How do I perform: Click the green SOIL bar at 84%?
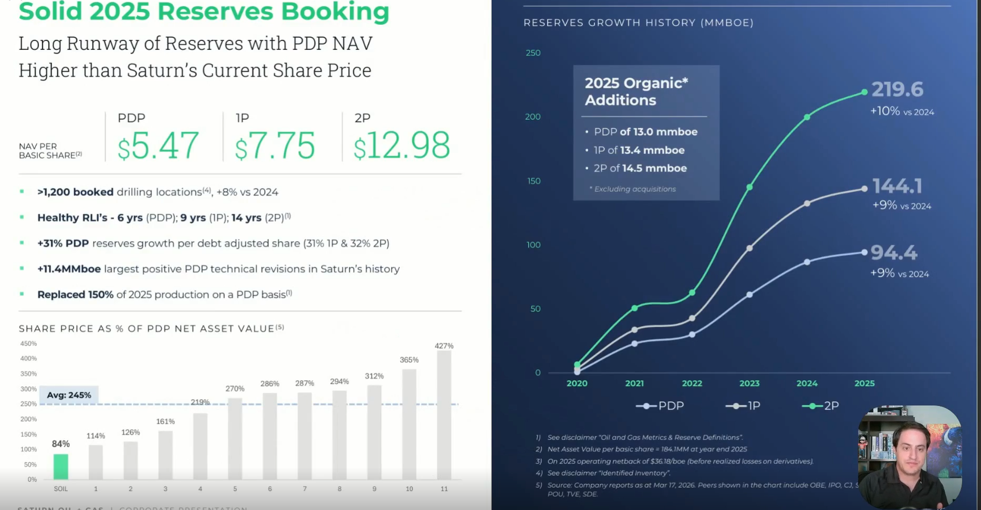coord(61,466)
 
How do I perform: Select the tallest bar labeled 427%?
coord(444,414)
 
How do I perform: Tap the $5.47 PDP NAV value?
coord(158,145)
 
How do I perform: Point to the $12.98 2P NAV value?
coord(402,145)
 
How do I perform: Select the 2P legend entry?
coord(820,405)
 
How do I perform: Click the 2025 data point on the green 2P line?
coord(864,92)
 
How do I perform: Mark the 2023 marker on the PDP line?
coord(749,295)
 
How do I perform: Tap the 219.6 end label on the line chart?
coord(897,89)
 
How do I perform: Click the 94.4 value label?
coord(894,253)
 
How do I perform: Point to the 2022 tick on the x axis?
coord(692,383)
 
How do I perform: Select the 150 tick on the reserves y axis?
coord(534,181)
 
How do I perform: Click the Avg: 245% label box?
coord(69,395)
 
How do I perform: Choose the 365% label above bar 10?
coord(409,360)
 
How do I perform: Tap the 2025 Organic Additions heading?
coord(636,91)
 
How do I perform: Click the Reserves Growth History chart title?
coord(638,23)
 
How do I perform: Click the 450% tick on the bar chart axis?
coord(28,344)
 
